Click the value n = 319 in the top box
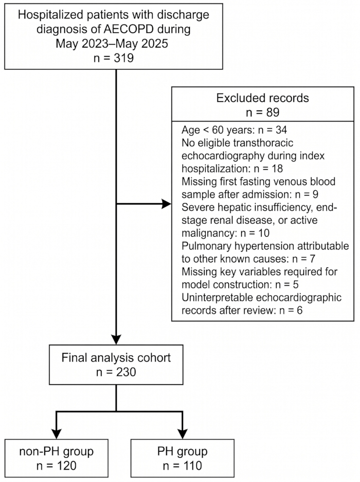tap(114, 58)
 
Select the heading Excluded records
tap(263, 98)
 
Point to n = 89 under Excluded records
tap(263, 112)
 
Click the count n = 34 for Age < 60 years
tap(273, 130)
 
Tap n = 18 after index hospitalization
tap(268, 169)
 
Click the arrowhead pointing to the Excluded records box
tap(166, 204)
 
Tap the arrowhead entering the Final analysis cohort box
tap(116, 340)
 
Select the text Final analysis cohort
tap(116, 358)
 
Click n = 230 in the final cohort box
tap(116, 372)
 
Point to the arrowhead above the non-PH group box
tap(56, 434)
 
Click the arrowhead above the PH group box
tap(183, 434)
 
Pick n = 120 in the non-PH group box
tap(56, 466)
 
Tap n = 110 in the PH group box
tap(183, 466)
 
